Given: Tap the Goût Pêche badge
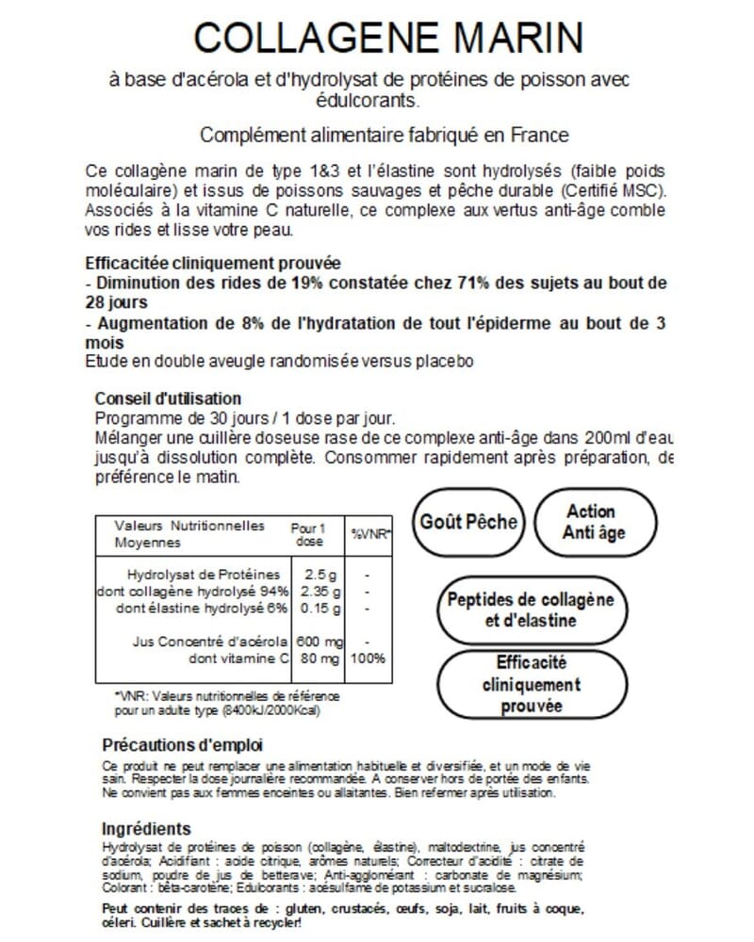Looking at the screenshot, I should (x=468, y=522).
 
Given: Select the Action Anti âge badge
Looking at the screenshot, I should (x=594, y=522).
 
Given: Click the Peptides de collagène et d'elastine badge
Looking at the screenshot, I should (x=530, y=609).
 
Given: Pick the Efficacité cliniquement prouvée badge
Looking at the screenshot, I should (x=531, y=684).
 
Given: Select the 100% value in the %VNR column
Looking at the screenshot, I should (x=368, y=658).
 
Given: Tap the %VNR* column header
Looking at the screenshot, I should (x=371, y=533).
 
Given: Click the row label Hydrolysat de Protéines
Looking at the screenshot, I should (x=203, y=574).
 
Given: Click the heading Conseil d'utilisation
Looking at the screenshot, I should (x=169, y=398).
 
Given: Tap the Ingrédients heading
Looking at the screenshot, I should (x=146, y=829).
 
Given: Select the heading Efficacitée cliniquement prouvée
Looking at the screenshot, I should (x=213, y=263).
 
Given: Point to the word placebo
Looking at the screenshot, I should (x=443, y=362).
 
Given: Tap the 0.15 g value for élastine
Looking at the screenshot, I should (x=320, y=607).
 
